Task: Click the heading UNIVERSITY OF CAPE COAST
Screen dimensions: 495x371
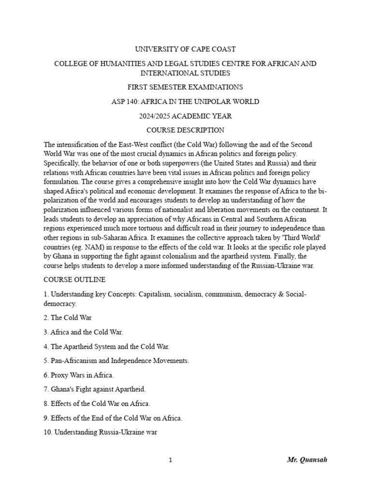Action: point(185,49)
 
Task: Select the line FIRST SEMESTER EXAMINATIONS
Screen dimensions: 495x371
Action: point(185,87)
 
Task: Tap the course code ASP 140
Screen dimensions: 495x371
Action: point(127,102)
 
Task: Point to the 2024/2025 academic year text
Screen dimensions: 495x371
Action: point(185,116)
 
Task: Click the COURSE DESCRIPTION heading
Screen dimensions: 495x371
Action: point(185,130)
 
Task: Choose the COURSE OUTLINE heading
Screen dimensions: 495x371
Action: point(74,280)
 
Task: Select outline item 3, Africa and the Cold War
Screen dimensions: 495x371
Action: point(83,332)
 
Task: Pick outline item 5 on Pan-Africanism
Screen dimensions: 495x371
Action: point(116,361)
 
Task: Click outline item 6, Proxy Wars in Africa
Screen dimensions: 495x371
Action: point(79,375)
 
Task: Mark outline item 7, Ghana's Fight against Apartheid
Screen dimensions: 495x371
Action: point(94,389)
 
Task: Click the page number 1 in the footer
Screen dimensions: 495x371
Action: point(171,460)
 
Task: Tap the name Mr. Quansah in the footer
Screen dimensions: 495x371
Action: point(307,460)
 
